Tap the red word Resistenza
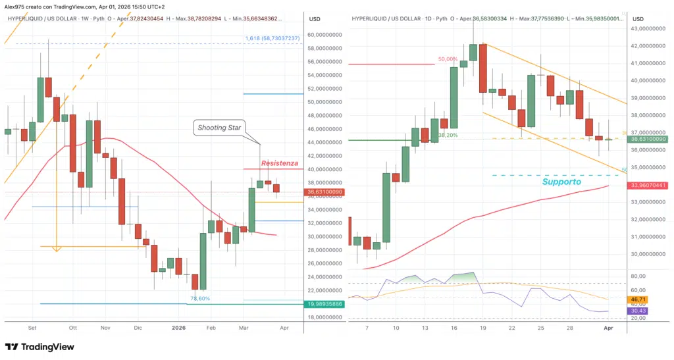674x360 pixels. (x=279, y=163)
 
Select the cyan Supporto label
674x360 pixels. (x=561, y=181)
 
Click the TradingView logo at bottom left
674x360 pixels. (x=39, y=347)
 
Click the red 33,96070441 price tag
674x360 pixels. (x=648, y=186)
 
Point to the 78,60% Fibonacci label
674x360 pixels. (x=199, y=298)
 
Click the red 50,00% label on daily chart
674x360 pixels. (x=447, y=59)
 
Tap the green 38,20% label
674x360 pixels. (x=448, y=135)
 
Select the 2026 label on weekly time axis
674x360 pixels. (x=178, y=327)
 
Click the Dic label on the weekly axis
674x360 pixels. (x=138, y=327)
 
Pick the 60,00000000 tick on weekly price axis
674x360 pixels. (x=326, y=34)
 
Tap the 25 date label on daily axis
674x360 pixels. (x=540, y=327)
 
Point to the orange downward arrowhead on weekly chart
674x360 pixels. (x=57, y=249)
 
